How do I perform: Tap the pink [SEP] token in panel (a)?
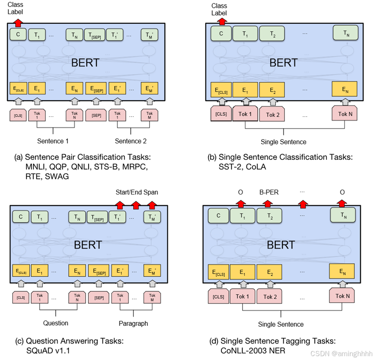coord(96,116)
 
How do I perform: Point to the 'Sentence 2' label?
coord(131,141)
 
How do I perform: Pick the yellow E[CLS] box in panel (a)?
coord(18,89)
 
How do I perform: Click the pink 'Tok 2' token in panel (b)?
coord(273,115)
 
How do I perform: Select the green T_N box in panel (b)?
coord(345,33)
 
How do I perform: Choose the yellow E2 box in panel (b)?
coord(273,89)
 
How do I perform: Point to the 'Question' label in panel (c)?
coord(56,323)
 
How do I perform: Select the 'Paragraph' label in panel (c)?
coord(133,323)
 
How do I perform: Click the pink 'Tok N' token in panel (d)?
coord(342,296)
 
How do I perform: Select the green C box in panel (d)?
coord(218,215)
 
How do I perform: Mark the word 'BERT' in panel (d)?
coord(281,245)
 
